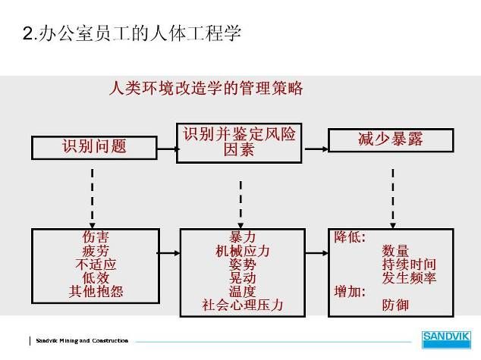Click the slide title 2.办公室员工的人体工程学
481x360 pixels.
pyautogui.click(x=132, y=33)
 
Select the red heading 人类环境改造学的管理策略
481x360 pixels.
pyautogui.click(x=206, y=88)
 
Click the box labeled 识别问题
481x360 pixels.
pyautogui.click(x=95, y=148)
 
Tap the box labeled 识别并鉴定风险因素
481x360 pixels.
pyautogui.click(x=239, y=143)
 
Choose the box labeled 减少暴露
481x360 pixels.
pyautogui.click(x=391, y=140)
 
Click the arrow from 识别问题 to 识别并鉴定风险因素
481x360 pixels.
pyautogui.click(x=168, y=149)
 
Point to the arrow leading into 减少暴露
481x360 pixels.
pyautogui.click(x=316, y=149)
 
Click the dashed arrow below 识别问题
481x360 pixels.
pyautogui.click(x=93, y=199)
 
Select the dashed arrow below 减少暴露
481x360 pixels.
pyautogui.click(x=393, y=199)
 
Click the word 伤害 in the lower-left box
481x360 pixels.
pyautogui.click(x=96, y=236)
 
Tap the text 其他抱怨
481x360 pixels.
pyautogui.click(x=96, y=291)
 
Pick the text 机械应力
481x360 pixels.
pyautogui.click(x=242, y=251)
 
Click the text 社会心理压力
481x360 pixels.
pyautogui.click(x=242, y=305)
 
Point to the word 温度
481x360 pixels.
pyautogui.click(x=242, y=292)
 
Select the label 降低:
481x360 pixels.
pyautogui.click(x=350, y=236)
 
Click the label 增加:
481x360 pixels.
pyautogui.click(x=350, y=292)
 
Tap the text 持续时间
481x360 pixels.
pyautogui.click(x=409, y=265)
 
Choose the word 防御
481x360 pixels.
pyautogui.click(x=395, y=305)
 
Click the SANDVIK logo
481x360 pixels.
pyautogui.click(x=446, y=340)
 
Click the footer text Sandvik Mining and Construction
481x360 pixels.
pyautogui.click(x=82, y=341)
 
